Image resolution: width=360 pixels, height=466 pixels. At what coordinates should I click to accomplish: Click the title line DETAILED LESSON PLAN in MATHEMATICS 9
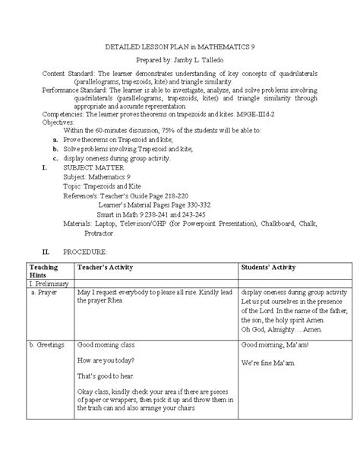tap(178, 46)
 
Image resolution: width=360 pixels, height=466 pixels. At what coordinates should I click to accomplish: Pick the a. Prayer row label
tap(42, 292)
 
